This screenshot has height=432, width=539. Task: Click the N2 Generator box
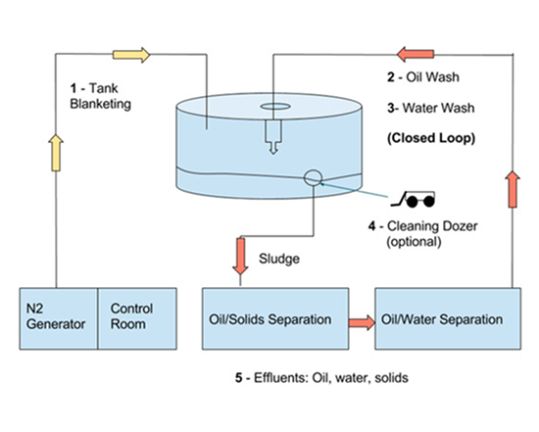coord(59,318)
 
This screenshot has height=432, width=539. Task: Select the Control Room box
coord(137,318)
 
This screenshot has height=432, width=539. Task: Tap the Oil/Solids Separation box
coord(275,318)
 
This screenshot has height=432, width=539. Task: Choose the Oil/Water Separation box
coord(448,318)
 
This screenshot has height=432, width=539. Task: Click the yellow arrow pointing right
coord(131,55)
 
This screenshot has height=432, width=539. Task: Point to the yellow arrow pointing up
coord(56,153)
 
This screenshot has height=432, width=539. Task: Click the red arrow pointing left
coord(416,54)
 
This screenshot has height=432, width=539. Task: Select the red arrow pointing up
coord(513,189)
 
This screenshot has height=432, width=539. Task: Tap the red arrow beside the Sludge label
coord(240,257)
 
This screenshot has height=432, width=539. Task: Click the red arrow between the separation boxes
coord(362,322)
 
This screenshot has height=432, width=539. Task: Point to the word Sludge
coord(279,259)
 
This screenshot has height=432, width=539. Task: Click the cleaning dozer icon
coord(413,199)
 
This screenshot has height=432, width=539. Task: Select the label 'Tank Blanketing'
coord(100,96)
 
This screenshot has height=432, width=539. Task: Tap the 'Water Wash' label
coord(439,108)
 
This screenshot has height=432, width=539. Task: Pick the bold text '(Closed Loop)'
coord(431,138)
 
